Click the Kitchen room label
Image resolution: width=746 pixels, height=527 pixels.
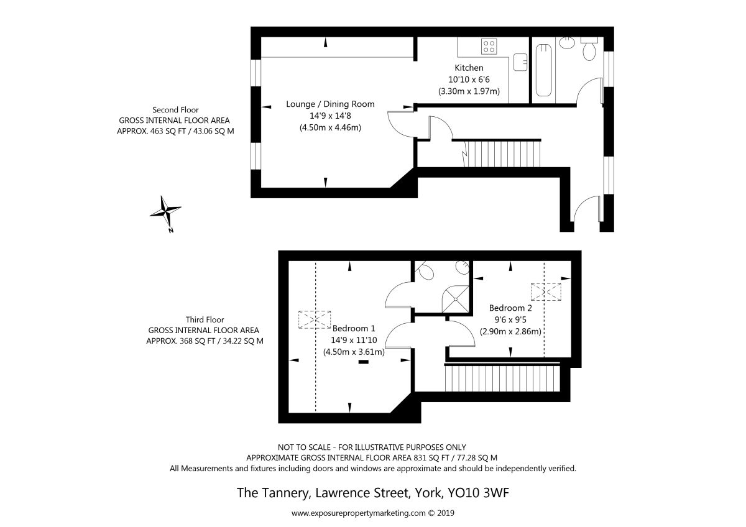click(x=469, y=68)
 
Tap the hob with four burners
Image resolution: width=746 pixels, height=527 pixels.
click(x=489, y=46)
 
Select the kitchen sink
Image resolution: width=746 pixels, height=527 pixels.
click(x=520, y=62)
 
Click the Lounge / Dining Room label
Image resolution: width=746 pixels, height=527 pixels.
click(x=330, y=104)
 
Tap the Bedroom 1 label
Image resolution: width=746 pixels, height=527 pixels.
click(x=354, y=328)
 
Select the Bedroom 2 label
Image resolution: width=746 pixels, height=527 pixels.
click(x=510, y=308)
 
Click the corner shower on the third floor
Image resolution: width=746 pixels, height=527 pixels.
click(x=455, y=299)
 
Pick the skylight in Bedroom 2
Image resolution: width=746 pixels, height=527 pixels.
click(x=546, y=292)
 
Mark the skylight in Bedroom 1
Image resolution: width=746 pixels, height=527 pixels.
click(x=315, y=319)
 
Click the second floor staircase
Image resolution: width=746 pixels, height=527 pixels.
click(x=502, y=154)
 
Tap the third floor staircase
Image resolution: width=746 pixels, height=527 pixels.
click(x=502, y=378)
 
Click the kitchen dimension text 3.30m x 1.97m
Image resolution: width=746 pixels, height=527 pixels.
click(x=469, y=91)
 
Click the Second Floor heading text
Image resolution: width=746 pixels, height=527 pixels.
click(x=175, y=110)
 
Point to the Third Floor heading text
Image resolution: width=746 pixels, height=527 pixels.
click(x=205, y=320)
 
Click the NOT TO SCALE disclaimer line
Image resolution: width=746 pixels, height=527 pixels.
click(x=372, y=447)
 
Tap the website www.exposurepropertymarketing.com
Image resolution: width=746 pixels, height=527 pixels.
click(x=358, y=513)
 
